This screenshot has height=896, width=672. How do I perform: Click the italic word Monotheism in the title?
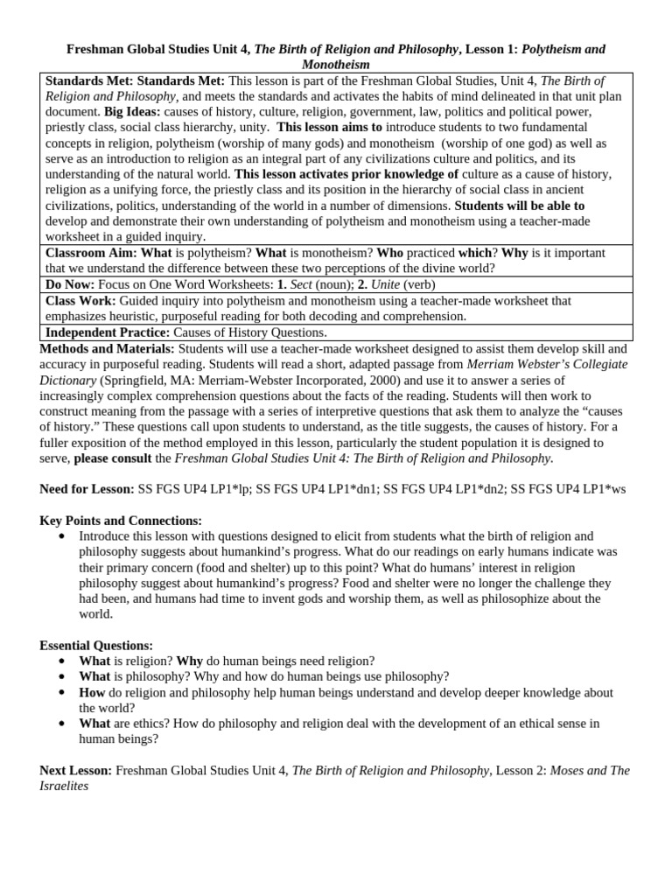click(x=335, y=65)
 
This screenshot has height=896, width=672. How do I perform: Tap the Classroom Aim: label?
click(x=91, y=253)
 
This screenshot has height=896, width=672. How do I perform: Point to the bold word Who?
click(x=389, y=253)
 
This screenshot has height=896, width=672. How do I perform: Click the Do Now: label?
click(x=70, y=284)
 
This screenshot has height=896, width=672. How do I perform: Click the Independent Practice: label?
click(x=108, y=332)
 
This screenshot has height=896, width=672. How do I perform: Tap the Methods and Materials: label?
click(x=107, y=348)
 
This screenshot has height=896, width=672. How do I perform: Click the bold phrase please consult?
click(x=122, y=458)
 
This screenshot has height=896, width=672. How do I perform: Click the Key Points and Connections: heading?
click(x=121, y=520)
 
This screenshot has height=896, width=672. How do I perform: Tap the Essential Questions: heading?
click(x=96, y=645)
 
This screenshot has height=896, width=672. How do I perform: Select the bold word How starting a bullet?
click(x=92, y=692)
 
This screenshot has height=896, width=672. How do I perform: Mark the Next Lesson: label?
click(x=75, y=770)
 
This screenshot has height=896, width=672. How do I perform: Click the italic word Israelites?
click(x=64, y=786)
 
